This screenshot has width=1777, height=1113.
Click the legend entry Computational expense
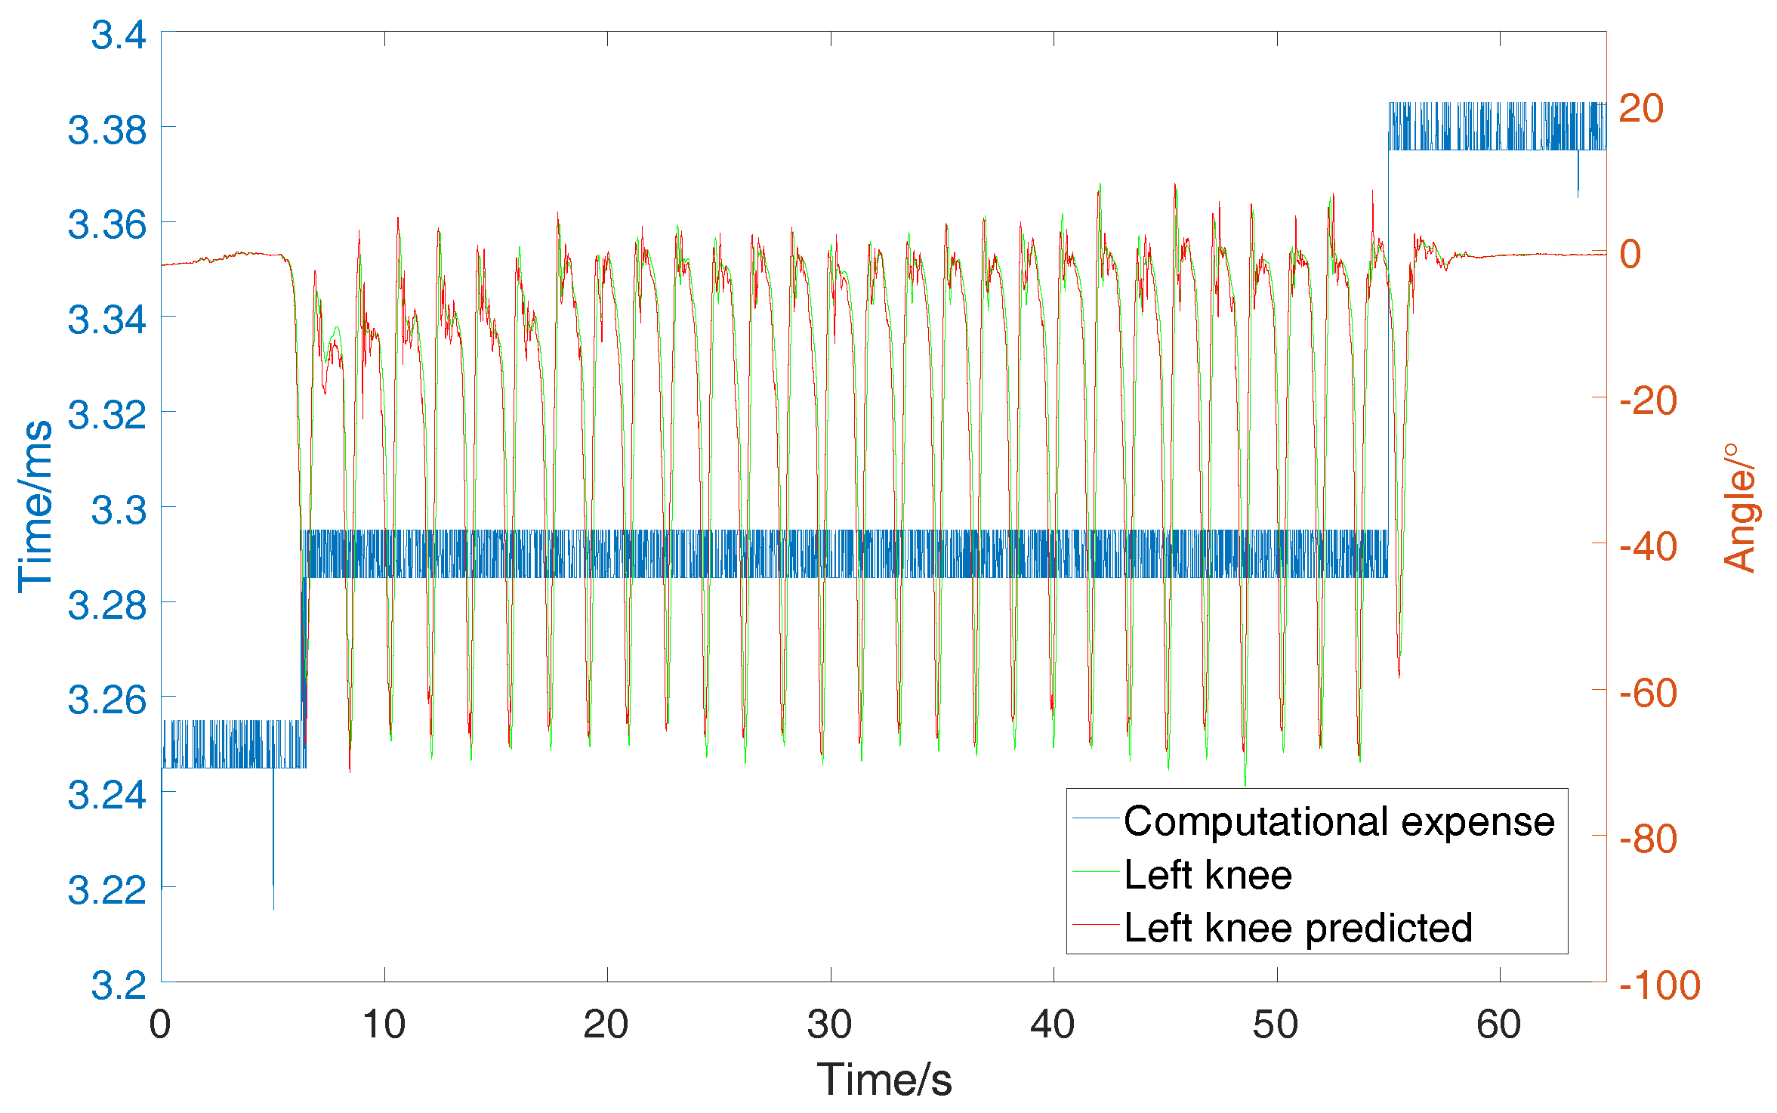[1338, 821]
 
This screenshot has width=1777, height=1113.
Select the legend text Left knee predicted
[1297, 928]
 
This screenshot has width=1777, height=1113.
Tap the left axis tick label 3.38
[107, 130]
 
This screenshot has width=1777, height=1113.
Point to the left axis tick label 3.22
[107, 890]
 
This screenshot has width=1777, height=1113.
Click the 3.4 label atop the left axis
[119, 35]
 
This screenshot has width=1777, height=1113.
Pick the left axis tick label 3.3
[119, 510]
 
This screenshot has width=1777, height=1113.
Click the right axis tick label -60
[1648, 693]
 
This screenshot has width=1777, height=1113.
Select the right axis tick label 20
[1641, 109]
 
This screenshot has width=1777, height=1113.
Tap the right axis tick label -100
[1659, 985]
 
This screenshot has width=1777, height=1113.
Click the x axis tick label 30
[829, 1025]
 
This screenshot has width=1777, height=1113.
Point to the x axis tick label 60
[1498, 1025]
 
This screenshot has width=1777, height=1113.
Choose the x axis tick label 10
[384, 1025]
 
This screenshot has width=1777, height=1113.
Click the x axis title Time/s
[884, 1079]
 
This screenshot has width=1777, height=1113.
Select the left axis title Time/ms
[35, 506]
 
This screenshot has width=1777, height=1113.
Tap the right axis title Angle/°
[1739, 508]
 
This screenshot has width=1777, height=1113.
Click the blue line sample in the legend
[1095, 818]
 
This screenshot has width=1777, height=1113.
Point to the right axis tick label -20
[1648, 400]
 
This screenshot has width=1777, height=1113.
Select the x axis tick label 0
[160, 1025]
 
